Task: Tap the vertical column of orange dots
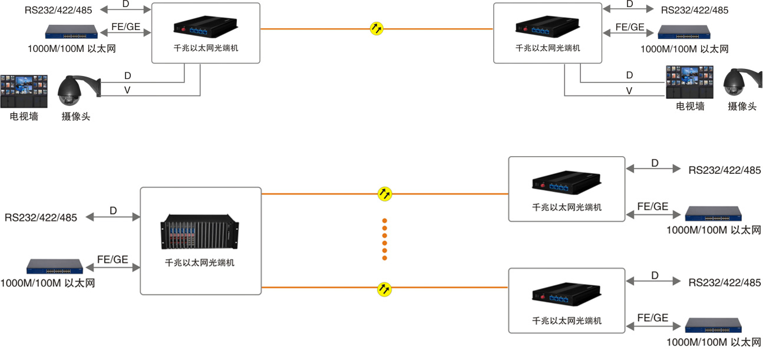click(x=385, y=239)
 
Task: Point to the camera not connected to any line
click(x=739, y=83)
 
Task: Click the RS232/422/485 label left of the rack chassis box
click(x=41, y=217)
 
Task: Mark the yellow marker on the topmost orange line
click(x=376, y=28)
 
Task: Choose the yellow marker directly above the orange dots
click(x=385, y=193)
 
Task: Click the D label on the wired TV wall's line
click(x=629, y=75)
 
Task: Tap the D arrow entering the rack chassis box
click(x=113, y=217)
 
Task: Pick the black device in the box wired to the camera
click(x=206, y=28)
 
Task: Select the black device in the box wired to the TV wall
click(x=547, y=28)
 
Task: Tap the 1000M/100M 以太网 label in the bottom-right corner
click(x=714, y=342)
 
